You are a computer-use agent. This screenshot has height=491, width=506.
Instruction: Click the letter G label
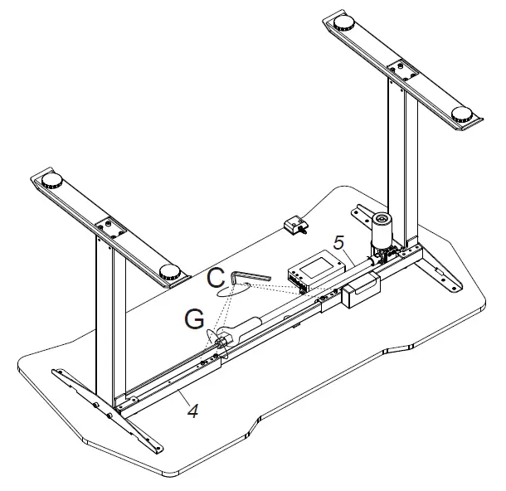click(194, 318)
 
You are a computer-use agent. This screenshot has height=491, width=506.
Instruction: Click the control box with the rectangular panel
click(314, 271)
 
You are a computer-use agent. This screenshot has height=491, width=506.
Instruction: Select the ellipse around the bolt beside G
click(220, 338)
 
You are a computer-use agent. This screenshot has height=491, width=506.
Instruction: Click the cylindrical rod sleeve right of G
click(249, 328)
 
